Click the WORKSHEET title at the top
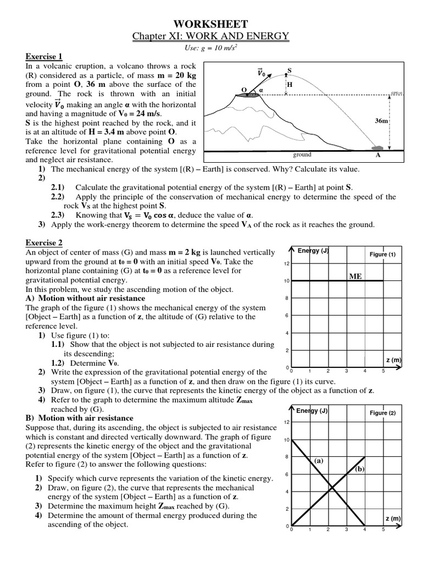(211, 24)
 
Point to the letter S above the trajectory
(290, 71)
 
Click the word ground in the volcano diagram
(302, 155)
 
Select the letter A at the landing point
(377, 156)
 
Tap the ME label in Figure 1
(356, 276)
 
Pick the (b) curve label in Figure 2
(360, 468)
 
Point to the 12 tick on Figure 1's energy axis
(286, 264)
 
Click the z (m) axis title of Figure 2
(393, 518)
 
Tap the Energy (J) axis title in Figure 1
(313, 251)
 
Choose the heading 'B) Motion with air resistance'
(79, 418)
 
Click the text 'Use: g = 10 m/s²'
(211, 48)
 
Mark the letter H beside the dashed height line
(290, 85)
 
